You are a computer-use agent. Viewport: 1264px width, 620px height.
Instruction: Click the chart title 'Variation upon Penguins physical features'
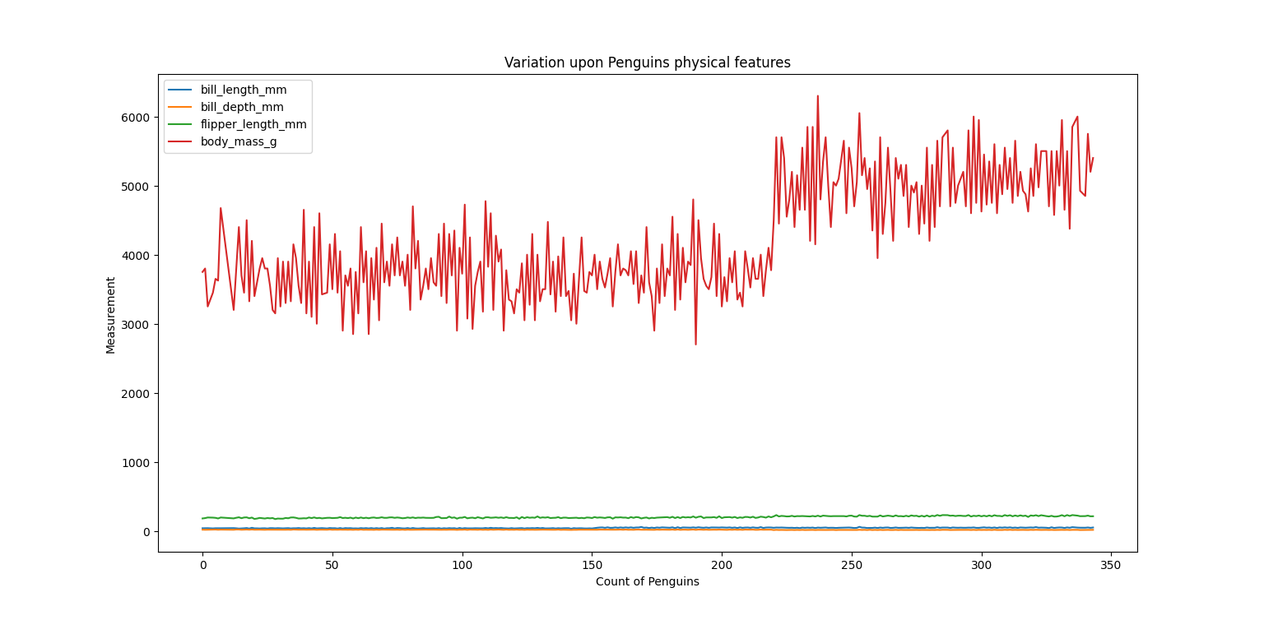click(647, 62)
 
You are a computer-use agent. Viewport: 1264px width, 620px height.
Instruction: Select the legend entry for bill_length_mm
click(244, 90)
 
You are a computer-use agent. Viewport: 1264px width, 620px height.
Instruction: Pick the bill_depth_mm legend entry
click(242, 107)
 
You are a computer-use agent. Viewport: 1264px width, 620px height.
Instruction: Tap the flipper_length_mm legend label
click(253, 124)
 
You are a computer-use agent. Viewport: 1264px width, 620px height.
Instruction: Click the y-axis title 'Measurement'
click(110, 315)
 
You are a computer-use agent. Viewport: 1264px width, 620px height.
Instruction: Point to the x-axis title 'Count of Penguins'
click(647, 581)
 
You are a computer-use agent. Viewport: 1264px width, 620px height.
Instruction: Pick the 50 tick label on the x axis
click(332, 566)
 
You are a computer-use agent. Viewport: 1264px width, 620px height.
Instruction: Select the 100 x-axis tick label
click(462, 566)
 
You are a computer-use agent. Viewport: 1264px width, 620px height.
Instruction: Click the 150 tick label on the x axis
click(592, 566)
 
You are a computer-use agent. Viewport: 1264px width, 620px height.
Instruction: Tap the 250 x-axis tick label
click(851, 566)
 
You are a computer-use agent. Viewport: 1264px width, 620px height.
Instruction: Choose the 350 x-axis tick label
click(1111, 566)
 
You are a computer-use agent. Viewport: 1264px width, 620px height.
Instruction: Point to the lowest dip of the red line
click(695, 345)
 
